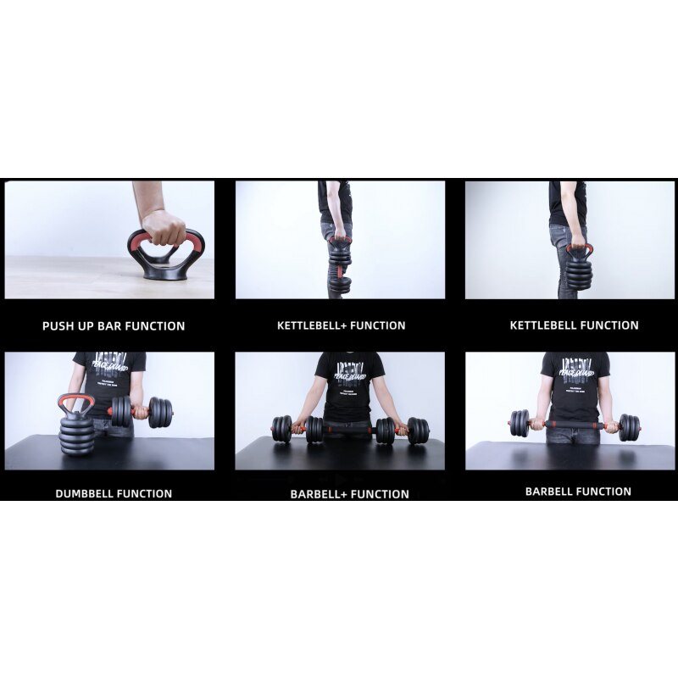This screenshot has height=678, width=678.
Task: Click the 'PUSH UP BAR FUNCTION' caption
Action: [114, 325]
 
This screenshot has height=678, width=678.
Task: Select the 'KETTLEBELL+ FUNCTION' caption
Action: [341, 325]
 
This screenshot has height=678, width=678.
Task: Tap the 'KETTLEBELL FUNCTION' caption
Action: [574, 325]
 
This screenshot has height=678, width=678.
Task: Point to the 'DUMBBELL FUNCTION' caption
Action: [114, 493]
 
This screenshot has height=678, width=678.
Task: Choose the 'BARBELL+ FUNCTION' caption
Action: [349, 494]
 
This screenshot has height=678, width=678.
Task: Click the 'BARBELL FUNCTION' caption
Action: [578, 492]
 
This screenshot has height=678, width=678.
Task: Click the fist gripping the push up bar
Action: [164, 227]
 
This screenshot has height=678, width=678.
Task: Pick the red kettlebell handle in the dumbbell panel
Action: [76, 403]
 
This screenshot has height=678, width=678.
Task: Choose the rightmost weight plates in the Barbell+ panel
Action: [418, 430]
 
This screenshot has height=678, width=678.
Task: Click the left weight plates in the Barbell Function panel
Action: [520, 423]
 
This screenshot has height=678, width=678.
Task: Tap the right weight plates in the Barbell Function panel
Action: [630, 426]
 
